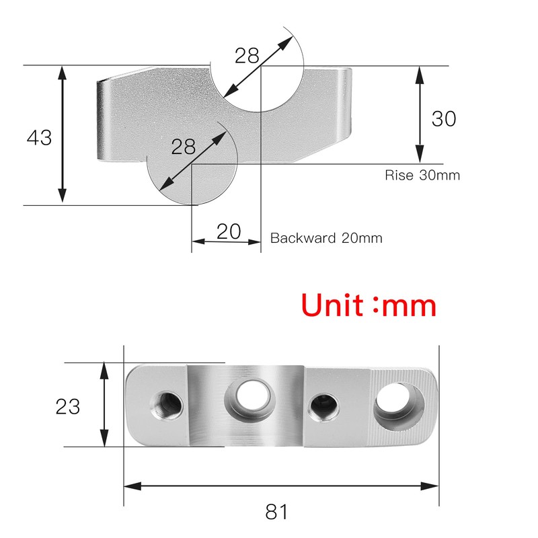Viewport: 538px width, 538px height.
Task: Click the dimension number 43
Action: [x=39, y=138]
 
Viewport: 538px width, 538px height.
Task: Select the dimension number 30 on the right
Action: [x=444, y=119]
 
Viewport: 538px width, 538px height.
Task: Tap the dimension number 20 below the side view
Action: [x=229, y=232]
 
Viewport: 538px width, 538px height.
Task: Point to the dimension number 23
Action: [x=67, y=406]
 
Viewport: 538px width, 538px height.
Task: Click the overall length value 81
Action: [x=276, y=512]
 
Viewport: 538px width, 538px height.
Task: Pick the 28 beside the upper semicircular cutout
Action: [x=247, y=56]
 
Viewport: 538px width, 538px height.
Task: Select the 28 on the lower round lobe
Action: [x=183, y=147]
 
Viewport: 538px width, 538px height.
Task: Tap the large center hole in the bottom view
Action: [x=247, y=396]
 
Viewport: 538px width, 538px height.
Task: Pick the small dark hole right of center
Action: [x=323, y=406]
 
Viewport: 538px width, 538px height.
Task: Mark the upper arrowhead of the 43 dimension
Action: [x=63, y=71]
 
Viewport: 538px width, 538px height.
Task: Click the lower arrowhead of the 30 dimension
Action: [x=420, y=158]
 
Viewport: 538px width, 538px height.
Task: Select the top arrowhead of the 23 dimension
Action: [x=104, y=367]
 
